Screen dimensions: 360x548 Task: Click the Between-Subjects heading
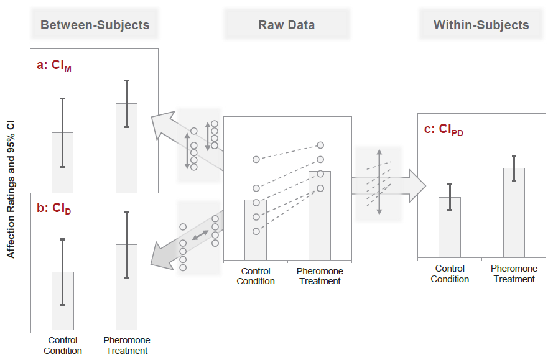click(x=95, y=25)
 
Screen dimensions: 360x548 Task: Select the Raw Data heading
click(x=286, y=25)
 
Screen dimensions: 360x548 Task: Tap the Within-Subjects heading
click(x=481, y=25)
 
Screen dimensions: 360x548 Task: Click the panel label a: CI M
click(x=54, y=66)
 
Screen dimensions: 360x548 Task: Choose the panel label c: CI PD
click(x=443, y=129)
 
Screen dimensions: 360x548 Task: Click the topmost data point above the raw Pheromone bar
click(x=320, y=145)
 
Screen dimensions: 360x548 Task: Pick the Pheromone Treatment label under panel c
click(x=514, y=274)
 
